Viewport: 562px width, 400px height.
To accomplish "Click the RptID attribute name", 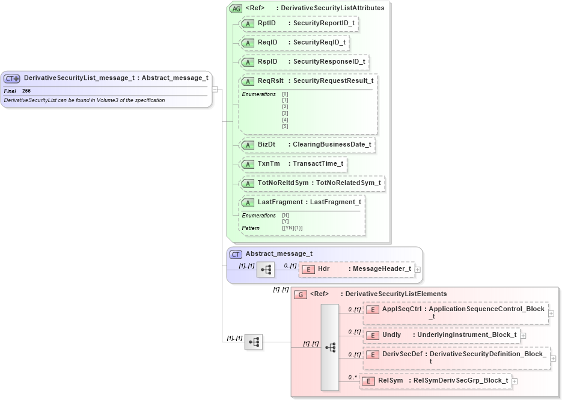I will pos(266,23).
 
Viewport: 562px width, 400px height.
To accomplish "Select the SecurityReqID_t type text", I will pos(319,43).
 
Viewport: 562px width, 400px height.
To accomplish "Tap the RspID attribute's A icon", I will pos(247,62).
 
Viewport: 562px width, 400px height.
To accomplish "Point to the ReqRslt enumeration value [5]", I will pos(285,127).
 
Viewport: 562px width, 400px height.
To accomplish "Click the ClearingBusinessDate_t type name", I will pos(332,145).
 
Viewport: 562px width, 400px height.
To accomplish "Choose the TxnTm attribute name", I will pos(269,164).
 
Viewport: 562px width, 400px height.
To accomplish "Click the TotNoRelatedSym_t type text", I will pos(348,183).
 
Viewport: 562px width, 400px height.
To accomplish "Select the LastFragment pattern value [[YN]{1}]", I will pos(292,228).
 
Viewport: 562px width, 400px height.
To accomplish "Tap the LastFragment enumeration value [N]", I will pos(285,215).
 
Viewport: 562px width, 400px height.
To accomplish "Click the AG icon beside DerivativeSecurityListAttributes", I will pos(236,8).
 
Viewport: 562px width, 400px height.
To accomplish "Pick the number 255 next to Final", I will pos(26,91).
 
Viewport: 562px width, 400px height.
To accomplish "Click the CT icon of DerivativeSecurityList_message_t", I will pos(12,78).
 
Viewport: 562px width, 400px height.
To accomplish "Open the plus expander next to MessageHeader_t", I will pos(418,269).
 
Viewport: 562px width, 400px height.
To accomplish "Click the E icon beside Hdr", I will pos(308,269).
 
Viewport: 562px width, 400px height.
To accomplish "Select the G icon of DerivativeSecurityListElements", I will pos(301,294).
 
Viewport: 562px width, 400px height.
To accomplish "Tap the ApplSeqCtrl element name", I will pos(402,309).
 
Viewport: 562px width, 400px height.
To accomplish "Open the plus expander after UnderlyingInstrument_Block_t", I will pos(523,335).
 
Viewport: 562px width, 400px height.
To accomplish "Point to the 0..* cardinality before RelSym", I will pos(353,378).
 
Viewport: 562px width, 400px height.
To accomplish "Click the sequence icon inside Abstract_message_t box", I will pos(265,270).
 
